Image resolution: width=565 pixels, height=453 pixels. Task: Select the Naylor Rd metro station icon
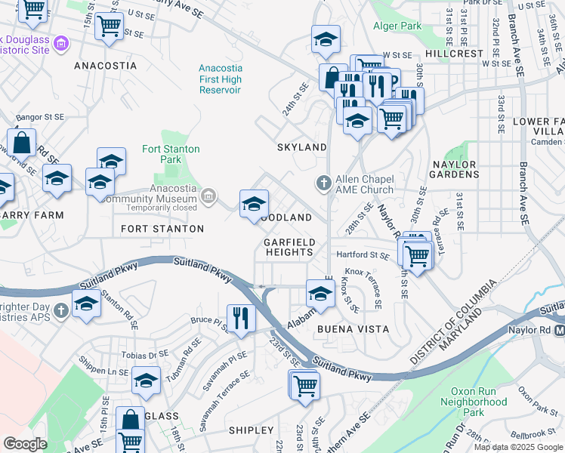[560, 331]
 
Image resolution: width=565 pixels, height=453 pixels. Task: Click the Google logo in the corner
[24, 443]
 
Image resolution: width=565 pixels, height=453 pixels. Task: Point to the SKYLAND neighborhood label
[301, 147]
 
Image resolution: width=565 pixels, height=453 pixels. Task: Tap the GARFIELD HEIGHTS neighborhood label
[288, 247]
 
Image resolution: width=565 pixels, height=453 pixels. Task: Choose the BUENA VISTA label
[342, 329]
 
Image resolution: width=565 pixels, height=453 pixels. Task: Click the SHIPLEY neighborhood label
[251, 430]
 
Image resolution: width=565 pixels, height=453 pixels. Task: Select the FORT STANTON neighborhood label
[162, 228]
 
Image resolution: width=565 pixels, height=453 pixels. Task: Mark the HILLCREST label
[453, 54]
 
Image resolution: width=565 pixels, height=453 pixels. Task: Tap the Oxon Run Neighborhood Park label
[479, 402]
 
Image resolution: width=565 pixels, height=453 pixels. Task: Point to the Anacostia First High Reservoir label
[220, 79]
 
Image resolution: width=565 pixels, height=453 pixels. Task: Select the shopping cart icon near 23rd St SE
[305, 385]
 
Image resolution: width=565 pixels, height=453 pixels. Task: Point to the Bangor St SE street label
[40, 118]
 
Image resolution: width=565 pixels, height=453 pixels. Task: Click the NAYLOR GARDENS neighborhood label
[455, 169]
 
